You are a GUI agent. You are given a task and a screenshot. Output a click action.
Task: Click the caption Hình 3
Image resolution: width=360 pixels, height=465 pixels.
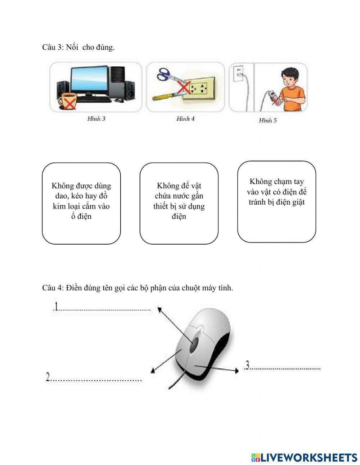click(x=96, y=119)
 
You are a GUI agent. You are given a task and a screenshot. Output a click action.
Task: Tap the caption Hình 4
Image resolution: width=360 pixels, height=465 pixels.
click(x=185, y=119)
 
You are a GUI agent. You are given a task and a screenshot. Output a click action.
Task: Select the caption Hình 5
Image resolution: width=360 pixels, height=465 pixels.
click(x=268, y=120)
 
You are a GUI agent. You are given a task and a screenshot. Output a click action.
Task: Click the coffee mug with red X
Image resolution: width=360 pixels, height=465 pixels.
click(x=68, y=102)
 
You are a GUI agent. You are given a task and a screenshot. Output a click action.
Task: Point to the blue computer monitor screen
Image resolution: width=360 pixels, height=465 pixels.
click(x=89, y=81)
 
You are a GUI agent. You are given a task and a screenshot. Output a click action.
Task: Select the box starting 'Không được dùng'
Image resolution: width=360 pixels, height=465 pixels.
click(x=81, y=203)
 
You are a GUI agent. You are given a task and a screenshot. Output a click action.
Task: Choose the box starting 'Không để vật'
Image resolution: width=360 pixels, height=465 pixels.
click(x=179, y=203)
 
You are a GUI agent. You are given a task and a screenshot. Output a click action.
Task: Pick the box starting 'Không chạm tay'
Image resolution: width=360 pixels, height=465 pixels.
click(x=276, y=202)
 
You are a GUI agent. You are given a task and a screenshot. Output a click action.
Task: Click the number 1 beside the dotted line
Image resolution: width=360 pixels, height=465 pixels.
click(x=56, y=306)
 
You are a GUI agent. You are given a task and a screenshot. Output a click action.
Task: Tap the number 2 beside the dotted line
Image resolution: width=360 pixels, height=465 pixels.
click(x=48, y=377)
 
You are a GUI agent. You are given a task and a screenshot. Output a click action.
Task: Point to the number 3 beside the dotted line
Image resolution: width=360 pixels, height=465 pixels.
click(x=247, y=365)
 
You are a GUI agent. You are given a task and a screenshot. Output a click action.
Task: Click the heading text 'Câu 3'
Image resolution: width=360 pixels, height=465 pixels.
click(x=52, y=47)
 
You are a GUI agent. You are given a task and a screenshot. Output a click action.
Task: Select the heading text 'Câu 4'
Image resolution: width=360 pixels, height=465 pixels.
click(x=52, y=288)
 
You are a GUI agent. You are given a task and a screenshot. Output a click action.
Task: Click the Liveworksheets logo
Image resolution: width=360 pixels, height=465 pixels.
click(x=304, y=457)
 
